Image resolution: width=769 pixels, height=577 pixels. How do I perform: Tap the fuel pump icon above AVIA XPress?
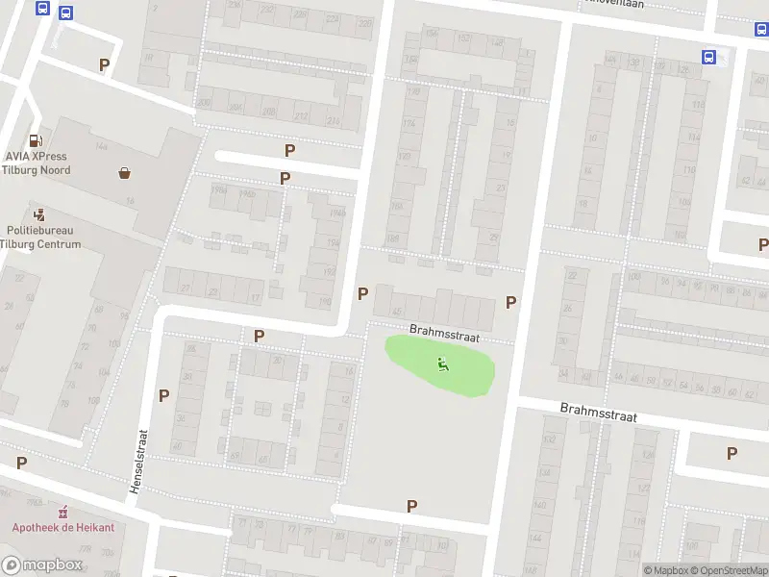(37, 140)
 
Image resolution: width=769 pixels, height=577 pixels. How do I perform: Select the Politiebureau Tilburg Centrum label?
(43, 238)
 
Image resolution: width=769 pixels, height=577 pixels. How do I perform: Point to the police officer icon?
(39, 214)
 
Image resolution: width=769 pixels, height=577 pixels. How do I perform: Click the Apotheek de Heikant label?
(63, 527)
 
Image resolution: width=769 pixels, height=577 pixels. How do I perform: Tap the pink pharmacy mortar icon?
(64, 512)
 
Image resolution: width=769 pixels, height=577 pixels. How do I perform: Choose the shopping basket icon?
(125, 173)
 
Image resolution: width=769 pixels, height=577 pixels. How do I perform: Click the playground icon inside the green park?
(442, 364)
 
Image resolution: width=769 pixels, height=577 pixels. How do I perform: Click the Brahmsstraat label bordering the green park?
(444, 334)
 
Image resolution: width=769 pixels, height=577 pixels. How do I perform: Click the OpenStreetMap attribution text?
(729, 570)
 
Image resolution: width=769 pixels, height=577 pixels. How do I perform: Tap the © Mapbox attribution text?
(667, 570)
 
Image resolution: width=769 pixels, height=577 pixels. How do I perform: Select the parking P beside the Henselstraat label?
(163, 395)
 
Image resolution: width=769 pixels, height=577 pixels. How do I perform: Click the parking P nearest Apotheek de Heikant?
(21, 463)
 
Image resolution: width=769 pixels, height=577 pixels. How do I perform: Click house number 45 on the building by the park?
(398, 311)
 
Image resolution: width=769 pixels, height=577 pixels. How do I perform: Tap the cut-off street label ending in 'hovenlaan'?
(620, 3)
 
